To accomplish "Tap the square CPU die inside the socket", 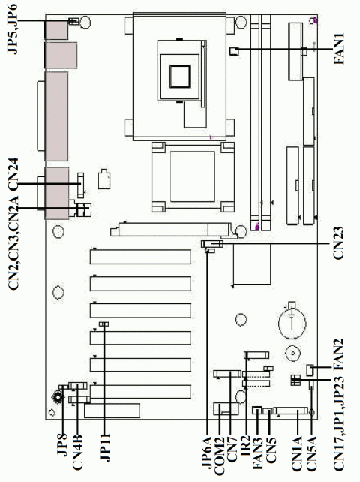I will tap(181, 76).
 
